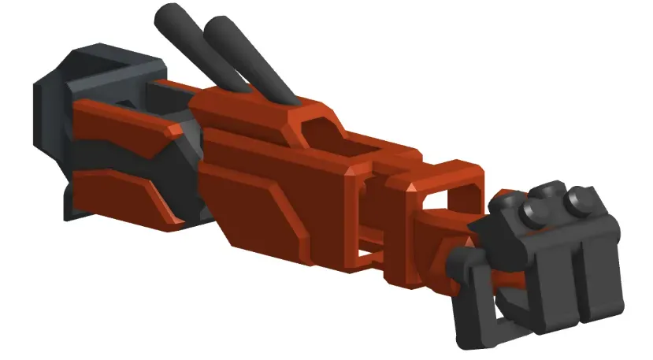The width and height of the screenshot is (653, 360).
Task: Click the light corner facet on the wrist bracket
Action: pyautogui.click(x=412, y=187)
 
